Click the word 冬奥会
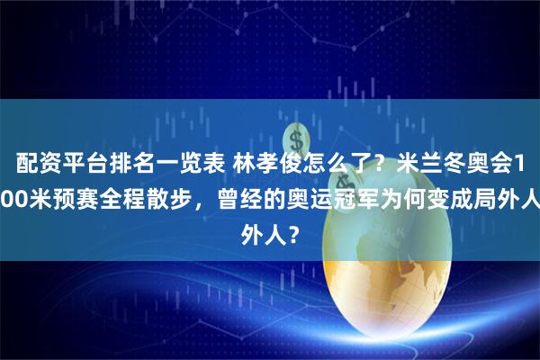coord(485,164)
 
